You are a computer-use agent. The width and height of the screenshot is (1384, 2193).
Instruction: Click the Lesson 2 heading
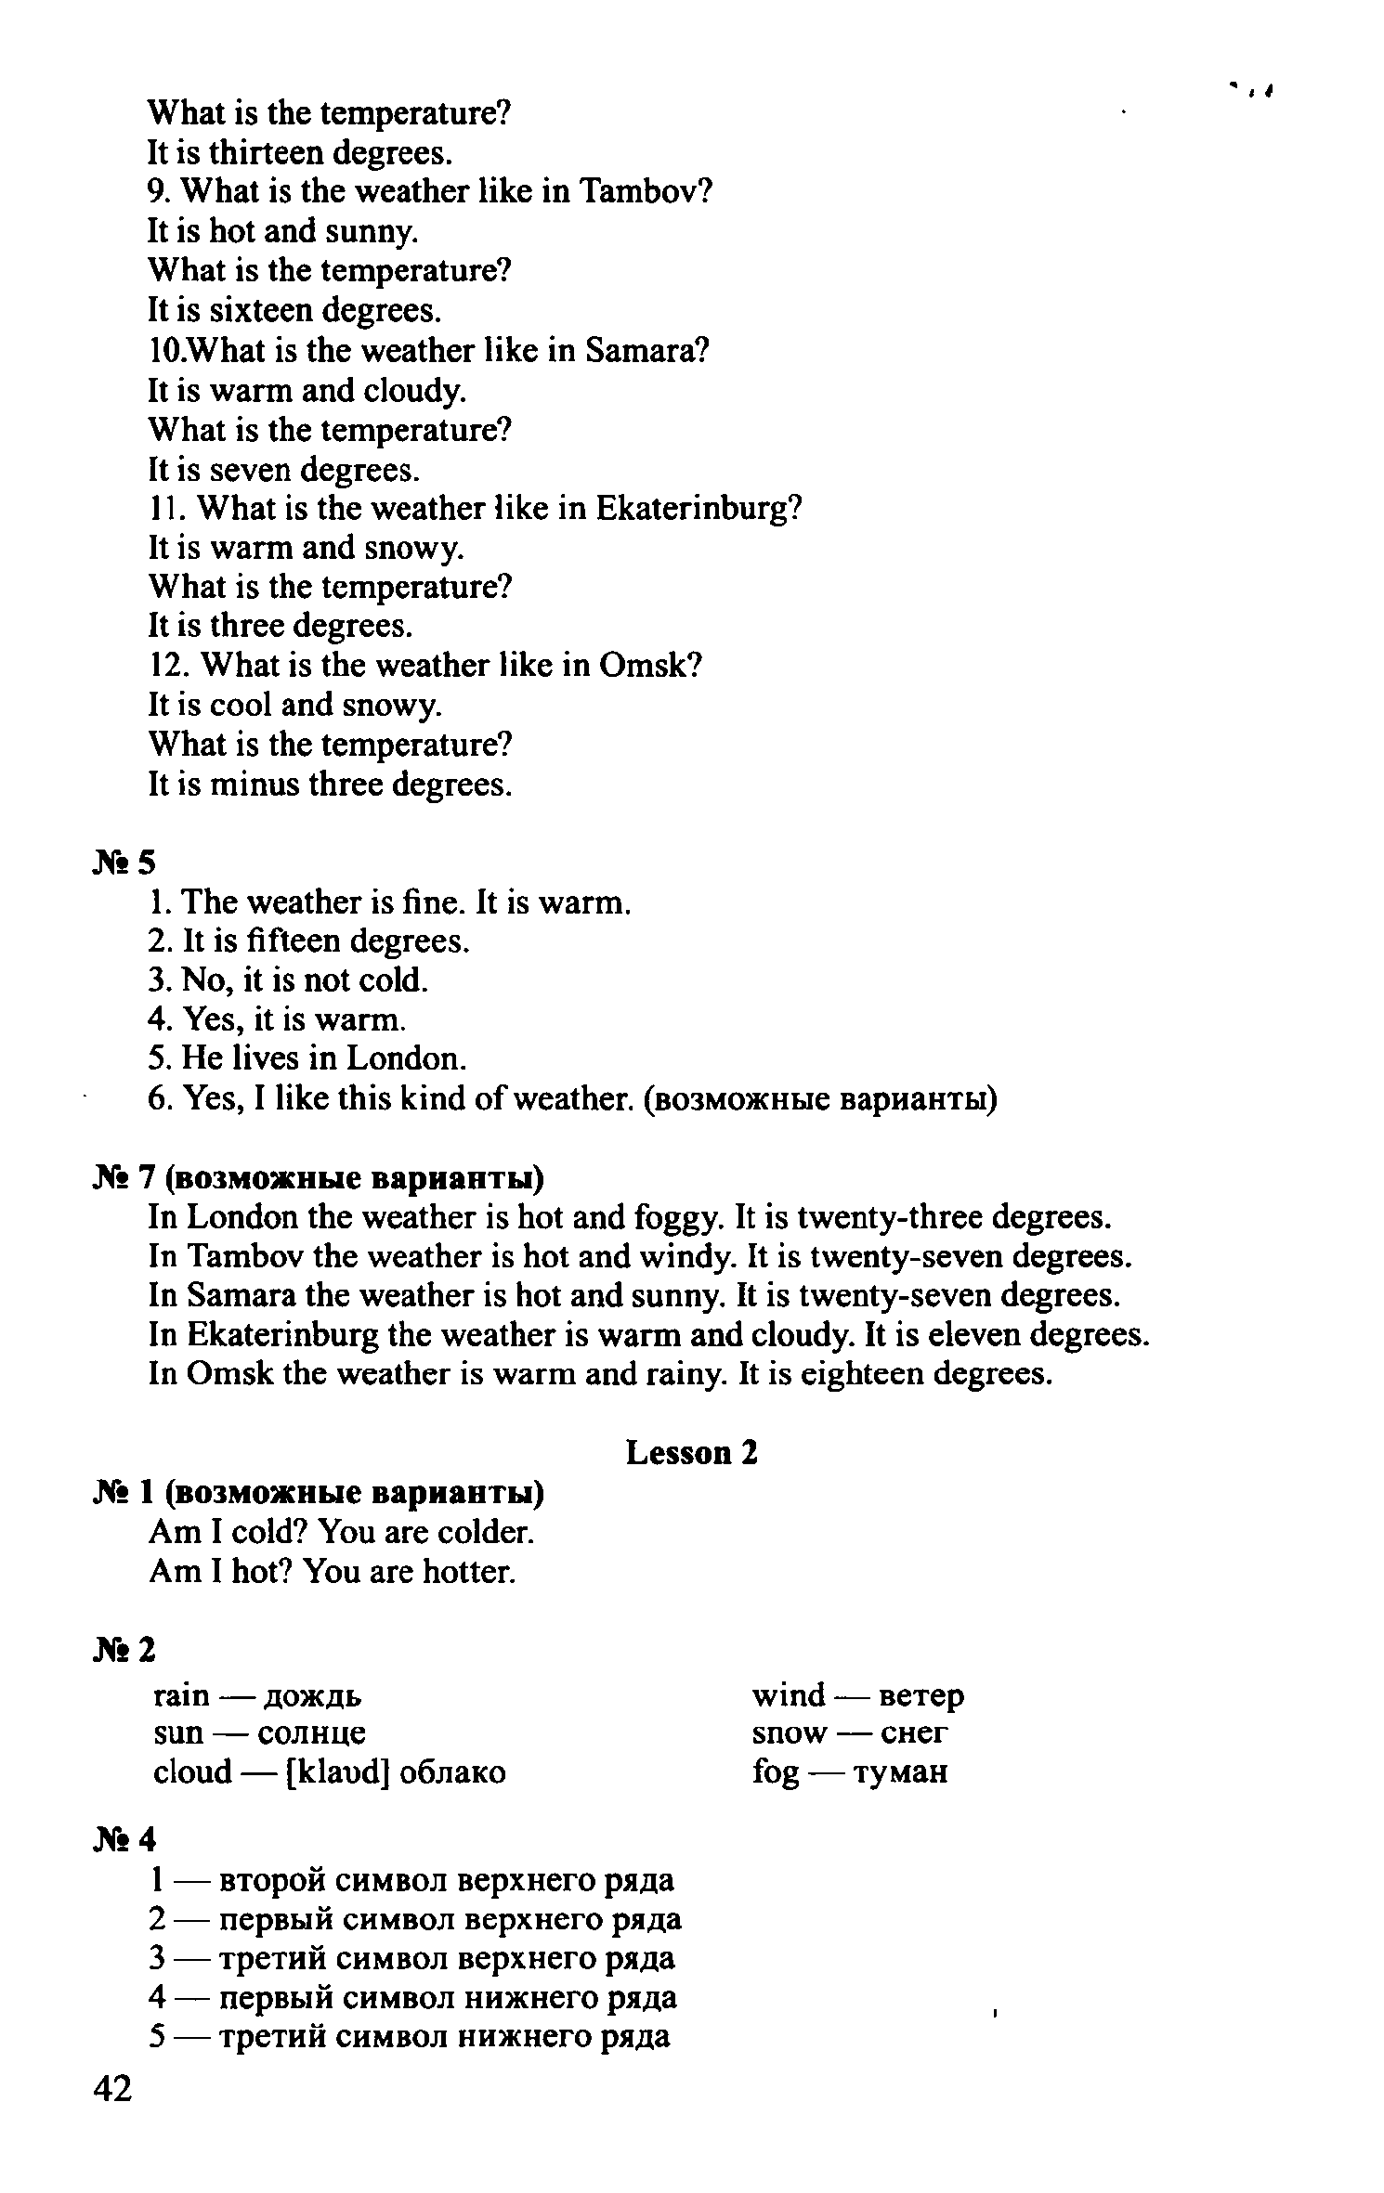pyautogui.click(x=692, y=1452)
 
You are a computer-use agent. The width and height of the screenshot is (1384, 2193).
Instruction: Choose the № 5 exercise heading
pyautogui.click(x=124, y=863)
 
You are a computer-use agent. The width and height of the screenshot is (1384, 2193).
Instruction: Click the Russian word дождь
pyautogui.click(x=313, y=1696)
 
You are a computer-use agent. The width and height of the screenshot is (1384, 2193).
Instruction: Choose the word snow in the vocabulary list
pyautogui.click(x=789, y=1733)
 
